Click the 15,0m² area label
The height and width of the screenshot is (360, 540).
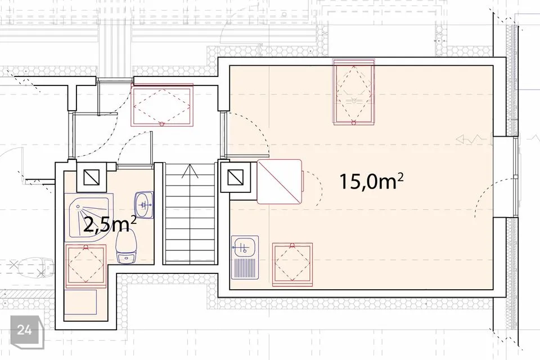(x=371, y=181)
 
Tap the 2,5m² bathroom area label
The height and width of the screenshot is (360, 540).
(x=110, y=225)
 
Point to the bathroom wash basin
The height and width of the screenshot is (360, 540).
(x=143, y=205)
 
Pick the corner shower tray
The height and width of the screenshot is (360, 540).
(x=89, y=216)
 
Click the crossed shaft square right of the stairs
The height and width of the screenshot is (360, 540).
(x=236, y=178)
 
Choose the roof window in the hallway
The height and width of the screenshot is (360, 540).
(x=162, y=105)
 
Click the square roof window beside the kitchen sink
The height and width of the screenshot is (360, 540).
(x=292, y=264)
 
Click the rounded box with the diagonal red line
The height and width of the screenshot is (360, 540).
(x=280, y=182)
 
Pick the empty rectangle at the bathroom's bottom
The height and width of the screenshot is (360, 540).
(x=81, y=302)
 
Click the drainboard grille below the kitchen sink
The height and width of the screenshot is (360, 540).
(x=245, y=267)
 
